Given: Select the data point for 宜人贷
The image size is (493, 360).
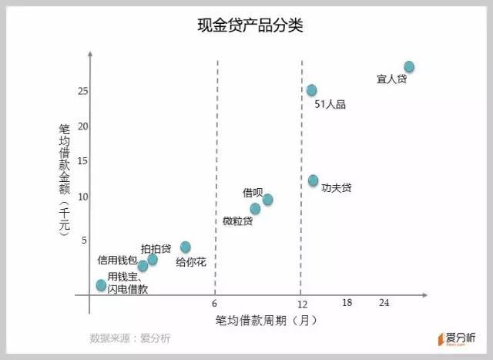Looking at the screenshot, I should pos(409,67).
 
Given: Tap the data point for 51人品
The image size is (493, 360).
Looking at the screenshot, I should pos(311,90).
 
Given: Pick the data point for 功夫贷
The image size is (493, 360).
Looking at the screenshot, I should pos(313,180).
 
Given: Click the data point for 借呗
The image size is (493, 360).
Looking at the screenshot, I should pos(267,200).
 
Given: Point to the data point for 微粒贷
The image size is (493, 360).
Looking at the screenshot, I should pos(255,209).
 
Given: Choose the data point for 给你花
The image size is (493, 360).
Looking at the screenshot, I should pos(185,247).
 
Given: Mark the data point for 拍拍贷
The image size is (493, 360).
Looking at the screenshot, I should pos(153,260).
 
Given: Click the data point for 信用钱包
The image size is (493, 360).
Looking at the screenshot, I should pos(143,266).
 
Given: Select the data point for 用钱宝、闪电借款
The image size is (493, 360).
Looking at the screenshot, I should pos(101,285).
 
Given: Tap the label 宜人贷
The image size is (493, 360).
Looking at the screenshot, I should pos(391,79).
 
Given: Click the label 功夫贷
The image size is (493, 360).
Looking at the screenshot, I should pos(337,187).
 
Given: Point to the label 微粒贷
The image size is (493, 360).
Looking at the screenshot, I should pos(237,222).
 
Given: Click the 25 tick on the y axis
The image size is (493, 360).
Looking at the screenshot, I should pos(83,92).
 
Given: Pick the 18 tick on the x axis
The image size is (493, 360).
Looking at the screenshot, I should pos(347,303).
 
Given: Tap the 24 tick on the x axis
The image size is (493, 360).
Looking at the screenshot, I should pos(384,303).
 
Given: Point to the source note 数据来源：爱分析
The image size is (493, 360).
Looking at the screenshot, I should pos(130,338).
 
